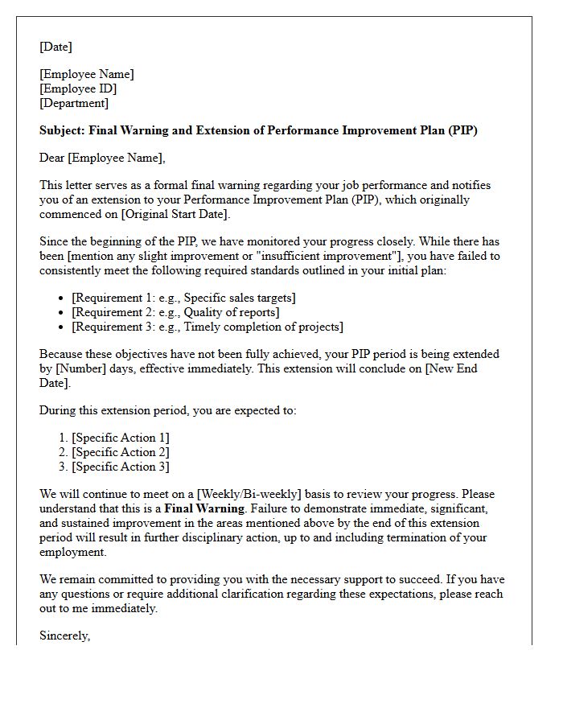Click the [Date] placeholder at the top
(x=55, y=47)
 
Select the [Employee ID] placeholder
(x=78, y=88)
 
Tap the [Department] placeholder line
(x=74, y=103)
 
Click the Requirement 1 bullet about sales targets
(x=183, y=298)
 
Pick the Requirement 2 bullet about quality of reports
(x=175, y=312)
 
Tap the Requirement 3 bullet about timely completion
(x=207, y=327)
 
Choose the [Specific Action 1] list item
(x=121, y=438)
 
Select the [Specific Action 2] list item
(x=121, y=452)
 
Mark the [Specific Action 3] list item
(x=121, y=467)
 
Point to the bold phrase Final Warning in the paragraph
(x=204, y=508)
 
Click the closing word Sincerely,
(x=65, y=636)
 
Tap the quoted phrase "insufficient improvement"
(x=258, y=256)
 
